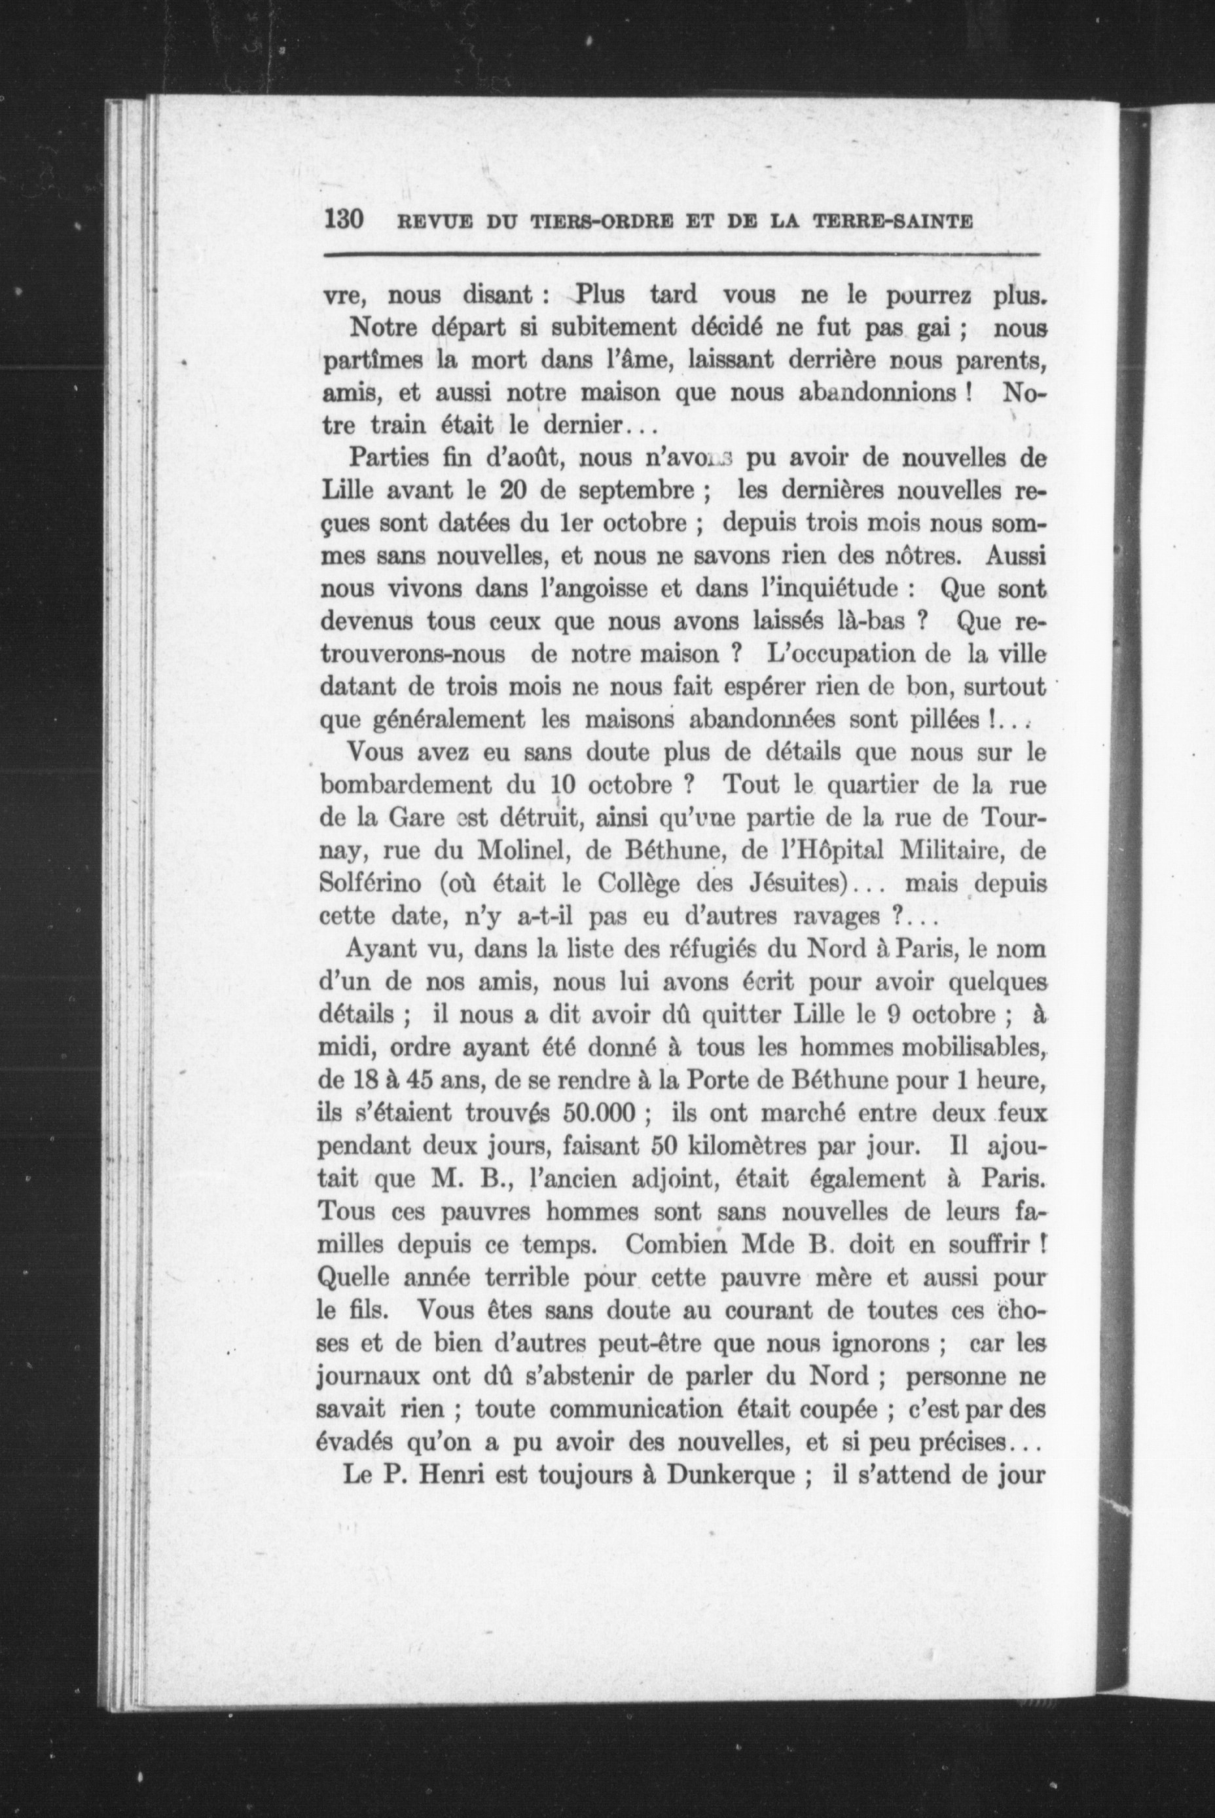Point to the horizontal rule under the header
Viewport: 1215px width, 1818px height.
(x=682, y=254)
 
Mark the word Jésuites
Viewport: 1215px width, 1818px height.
(x=803, y=884)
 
